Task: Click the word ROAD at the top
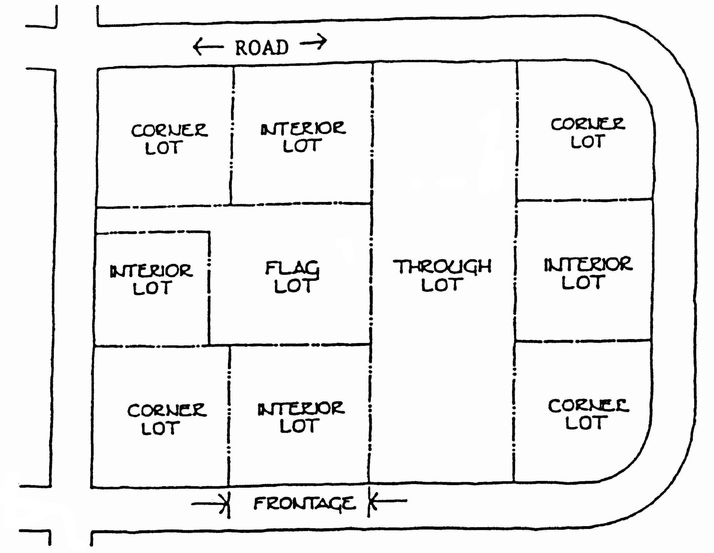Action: [x=262, y=48]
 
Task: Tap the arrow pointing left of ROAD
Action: [x=208, y=47]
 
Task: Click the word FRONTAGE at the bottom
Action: [x=304, y=503]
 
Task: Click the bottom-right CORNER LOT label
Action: [x=588, y=414]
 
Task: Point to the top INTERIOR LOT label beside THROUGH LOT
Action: [x=303, y=137]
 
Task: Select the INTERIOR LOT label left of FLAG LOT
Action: [x=151, y=279]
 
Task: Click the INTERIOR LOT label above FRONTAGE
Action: [x=301, y=417]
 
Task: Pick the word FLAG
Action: [x=292, y=269]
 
